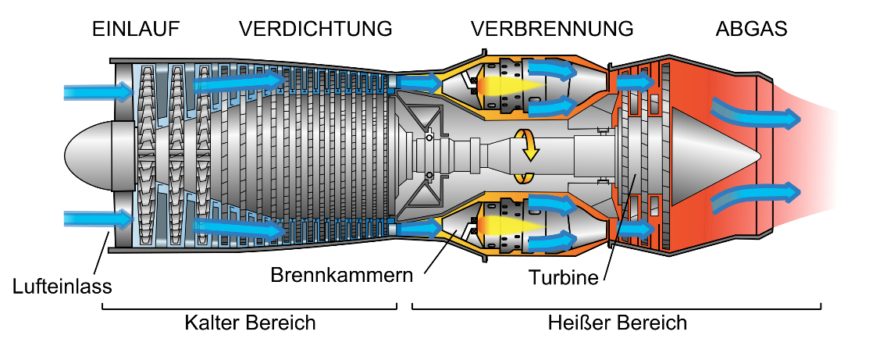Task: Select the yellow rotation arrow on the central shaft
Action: [529, 146]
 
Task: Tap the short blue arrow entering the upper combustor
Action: [420, 83]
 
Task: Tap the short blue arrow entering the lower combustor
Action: [420, 229]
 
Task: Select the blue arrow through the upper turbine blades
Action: [635, 82]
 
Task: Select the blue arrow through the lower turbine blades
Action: [635, 230]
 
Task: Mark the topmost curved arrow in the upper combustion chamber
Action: [553, 70]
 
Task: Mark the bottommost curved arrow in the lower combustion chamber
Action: [553, 242]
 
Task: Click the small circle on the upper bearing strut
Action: [429, 137]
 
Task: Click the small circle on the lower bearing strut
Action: [429, 175]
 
